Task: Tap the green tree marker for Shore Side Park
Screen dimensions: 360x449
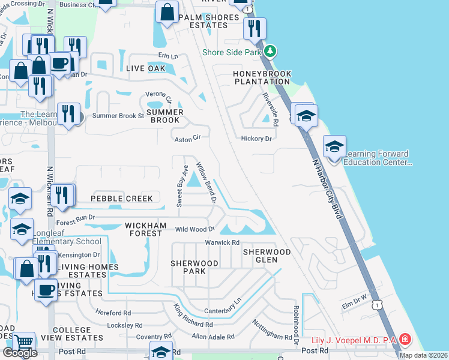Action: (x=271, y=51)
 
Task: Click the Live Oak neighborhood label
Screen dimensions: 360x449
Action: (x=145, y=68)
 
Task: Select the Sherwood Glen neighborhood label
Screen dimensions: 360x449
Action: (x=267, y=256)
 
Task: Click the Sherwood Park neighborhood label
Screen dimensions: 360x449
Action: (x=194, y=267)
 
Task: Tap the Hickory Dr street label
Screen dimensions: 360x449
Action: (x=256, y=139)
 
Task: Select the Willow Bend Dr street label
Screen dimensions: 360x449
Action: (x=205, y=184)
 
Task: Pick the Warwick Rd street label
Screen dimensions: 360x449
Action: (x=222, y=242)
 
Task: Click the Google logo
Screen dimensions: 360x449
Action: (x=20, y=352)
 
